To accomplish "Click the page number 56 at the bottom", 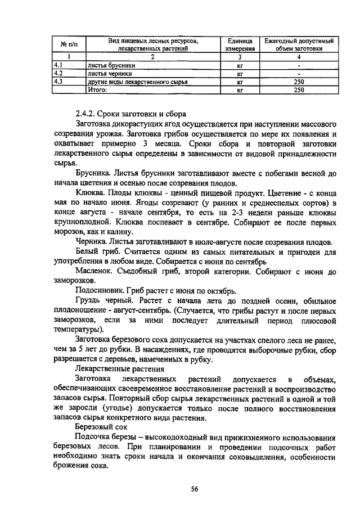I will (194, 489).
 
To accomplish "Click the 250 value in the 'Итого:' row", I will (299, 89).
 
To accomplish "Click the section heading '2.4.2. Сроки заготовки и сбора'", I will (129, 112).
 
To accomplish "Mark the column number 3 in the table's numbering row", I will (240, 57).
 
